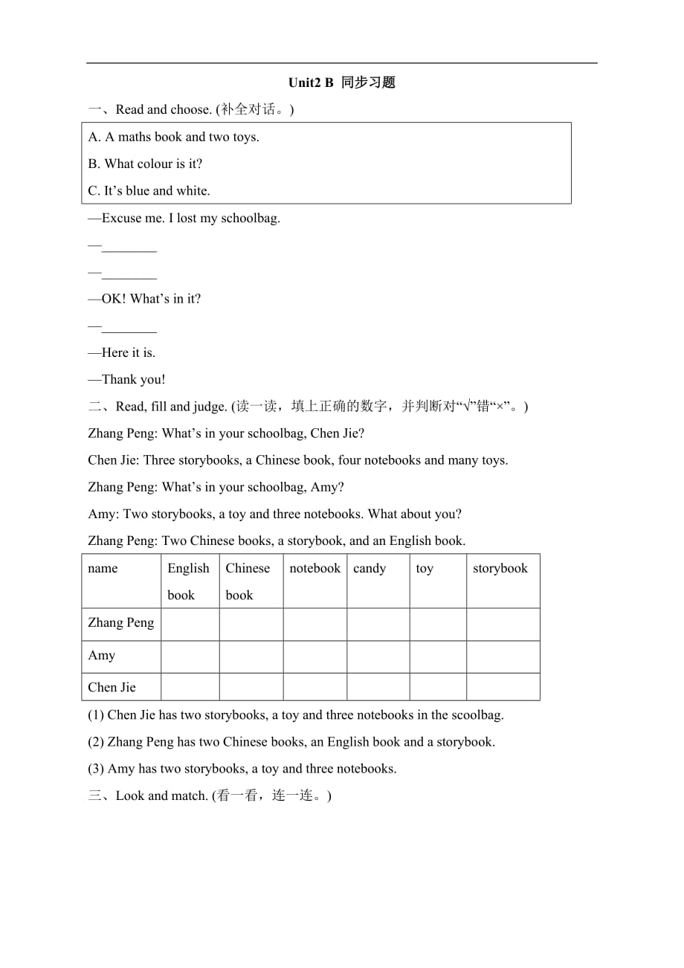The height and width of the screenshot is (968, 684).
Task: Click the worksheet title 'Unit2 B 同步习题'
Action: [x=341, y=83]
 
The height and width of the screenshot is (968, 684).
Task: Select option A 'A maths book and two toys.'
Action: [x=173, y=137]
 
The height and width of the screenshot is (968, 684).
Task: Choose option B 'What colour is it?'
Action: [x=145, y=164]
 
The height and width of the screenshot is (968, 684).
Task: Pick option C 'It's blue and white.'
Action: [x=149, y=190]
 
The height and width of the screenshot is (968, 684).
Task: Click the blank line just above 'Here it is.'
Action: [x=129, y=327]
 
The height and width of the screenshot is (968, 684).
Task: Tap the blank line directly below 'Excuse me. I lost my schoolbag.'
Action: [x=129, y=247]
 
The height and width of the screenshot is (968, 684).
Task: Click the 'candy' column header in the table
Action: [x=370, y=569]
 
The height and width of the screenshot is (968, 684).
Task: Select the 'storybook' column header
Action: [x=500, y=569]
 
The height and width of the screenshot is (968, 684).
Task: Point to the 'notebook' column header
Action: [x=314, y=569]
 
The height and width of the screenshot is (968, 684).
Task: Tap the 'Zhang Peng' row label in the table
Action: [x=120, y=623]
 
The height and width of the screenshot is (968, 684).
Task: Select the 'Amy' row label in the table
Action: [x=101, y=656]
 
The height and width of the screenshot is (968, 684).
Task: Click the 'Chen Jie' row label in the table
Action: [x=112, y=687]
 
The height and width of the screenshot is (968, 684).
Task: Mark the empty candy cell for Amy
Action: [x=378, y=656]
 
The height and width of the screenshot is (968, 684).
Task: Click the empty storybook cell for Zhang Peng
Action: [x=503, y=624]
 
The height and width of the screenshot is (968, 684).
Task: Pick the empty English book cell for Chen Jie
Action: [x=190, y=687]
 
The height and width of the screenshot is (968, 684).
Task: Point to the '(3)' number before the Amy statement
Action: [x=96, y=769]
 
